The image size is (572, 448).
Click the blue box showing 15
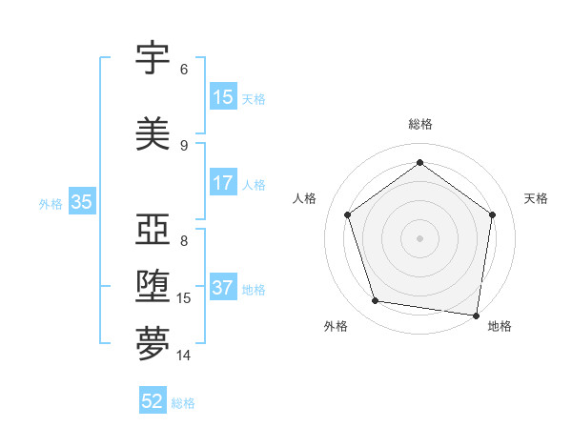click(223, 97)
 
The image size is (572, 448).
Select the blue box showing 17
click(223, 183)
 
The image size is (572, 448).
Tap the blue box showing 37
click(223, 288)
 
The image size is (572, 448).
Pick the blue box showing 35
click(81, 202)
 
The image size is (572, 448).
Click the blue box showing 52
click(153, 401)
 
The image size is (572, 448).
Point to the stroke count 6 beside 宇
click(184, 70)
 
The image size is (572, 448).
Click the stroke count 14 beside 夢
click(184, 356)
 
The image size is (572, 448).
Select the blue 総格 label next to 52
click(183, 403)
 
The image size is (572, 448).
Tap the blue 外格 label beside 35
click(51, 203)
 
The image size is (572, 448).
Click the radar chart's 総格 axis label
click(419, 124)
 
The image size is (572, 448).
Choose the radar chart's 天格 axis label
click(536, 198)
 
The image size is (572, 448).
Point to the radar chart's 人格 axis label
click(304, 198)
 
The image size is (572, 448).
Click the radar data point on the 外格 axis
click(376, 301)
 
